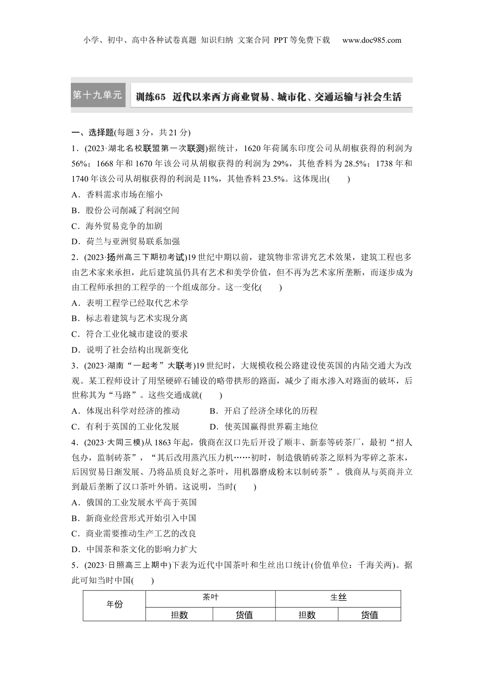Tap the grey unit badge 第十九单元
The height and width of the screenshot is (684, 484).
tap(98, 95)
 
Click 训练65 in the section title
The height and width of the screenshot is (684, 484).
tap(151, 97)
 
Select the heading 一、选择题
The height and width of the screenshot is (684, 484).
tap(92, 133)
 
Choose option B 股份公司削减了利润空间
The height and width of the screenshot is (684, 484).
tap(125, 210)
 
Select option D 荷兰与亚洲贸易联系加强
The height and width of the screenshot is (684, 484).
tap(126, 241)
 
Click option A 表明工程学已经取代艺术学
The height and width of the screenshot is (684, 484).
tap(130, 303)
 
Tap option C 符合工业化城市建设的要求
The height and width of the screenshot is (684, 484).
tap(130, 334)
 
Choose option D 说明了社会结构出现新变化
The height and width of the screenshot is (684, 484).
tap(130, 350)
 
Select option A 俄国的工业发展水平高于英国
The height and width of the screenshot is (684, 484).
tap(134, 502)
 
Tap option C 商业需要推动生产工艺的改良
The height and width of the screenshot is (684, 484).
tap(134, 533)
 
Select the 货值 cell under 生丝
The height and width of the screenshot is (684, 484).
tap(369, 615)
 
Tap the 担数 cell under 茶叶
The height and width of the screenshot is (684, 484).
tap(179, 615)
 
